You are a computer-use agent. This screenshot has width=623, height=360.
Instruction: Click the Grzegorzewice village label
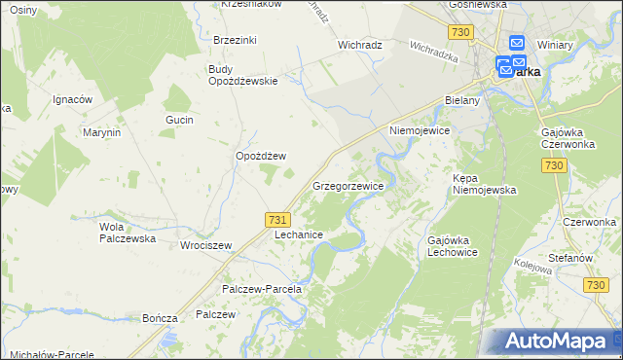348,185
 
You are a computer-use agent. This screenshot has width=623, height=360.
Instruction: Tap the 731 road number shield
275,222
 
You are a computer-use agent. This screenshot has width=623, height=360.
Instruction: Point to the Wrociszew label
205,245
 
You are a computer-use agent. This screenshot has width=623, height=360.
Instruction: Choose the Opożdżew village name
261,156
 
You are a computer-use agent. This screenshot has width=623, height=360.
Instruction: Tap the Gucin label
180,120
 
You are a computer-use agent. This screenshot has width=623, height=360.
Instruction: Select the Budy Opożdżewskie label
243,75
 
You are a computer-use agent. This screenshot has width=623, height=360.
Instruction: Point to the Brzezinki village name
235,40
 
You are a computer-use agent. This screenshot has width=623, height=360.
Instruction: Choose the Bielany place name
462,100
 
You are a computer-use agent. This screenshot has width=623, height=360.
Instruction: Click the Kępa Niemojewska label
484,185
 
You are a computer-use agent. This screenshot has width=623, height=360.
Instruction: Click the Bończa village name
160,318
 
